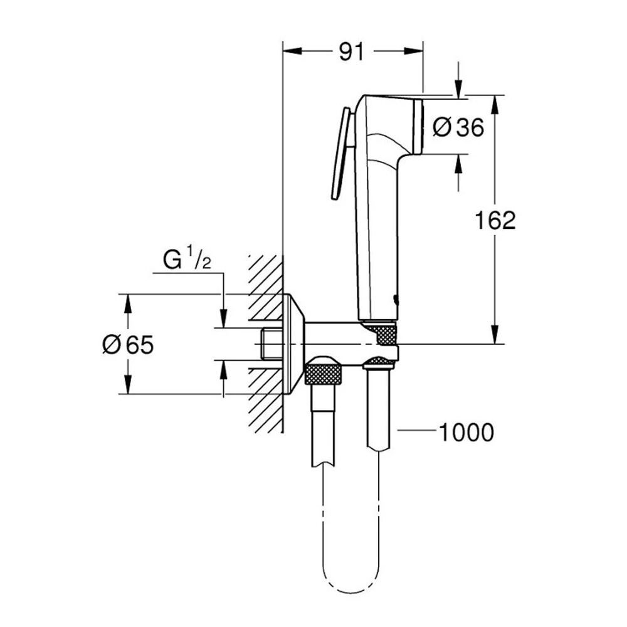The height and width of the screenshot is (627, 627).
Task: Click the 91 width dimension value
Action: [351, 52]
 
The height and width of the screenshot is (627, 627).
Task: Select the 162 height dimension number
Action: [495, 220]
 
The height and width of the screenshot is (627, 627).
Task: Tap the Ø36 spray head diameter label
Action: [458, 127]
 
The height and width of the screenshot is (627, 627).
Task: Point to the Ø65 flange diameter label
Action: [128, 344]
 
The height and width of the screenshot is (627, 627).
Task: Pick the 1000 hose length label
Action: [466, 432]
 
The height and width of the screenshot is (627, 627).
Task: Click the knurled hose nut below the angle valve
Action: [324, 371]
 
